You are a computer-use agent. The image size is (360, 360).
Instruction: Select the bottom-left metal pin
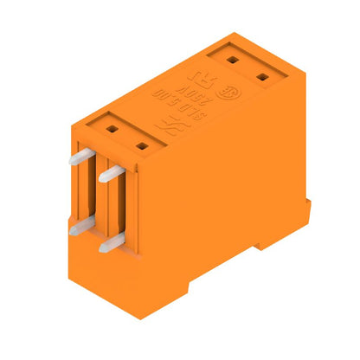78,225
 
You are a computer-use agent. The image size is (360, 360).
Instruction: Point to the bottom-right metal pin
109,244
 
